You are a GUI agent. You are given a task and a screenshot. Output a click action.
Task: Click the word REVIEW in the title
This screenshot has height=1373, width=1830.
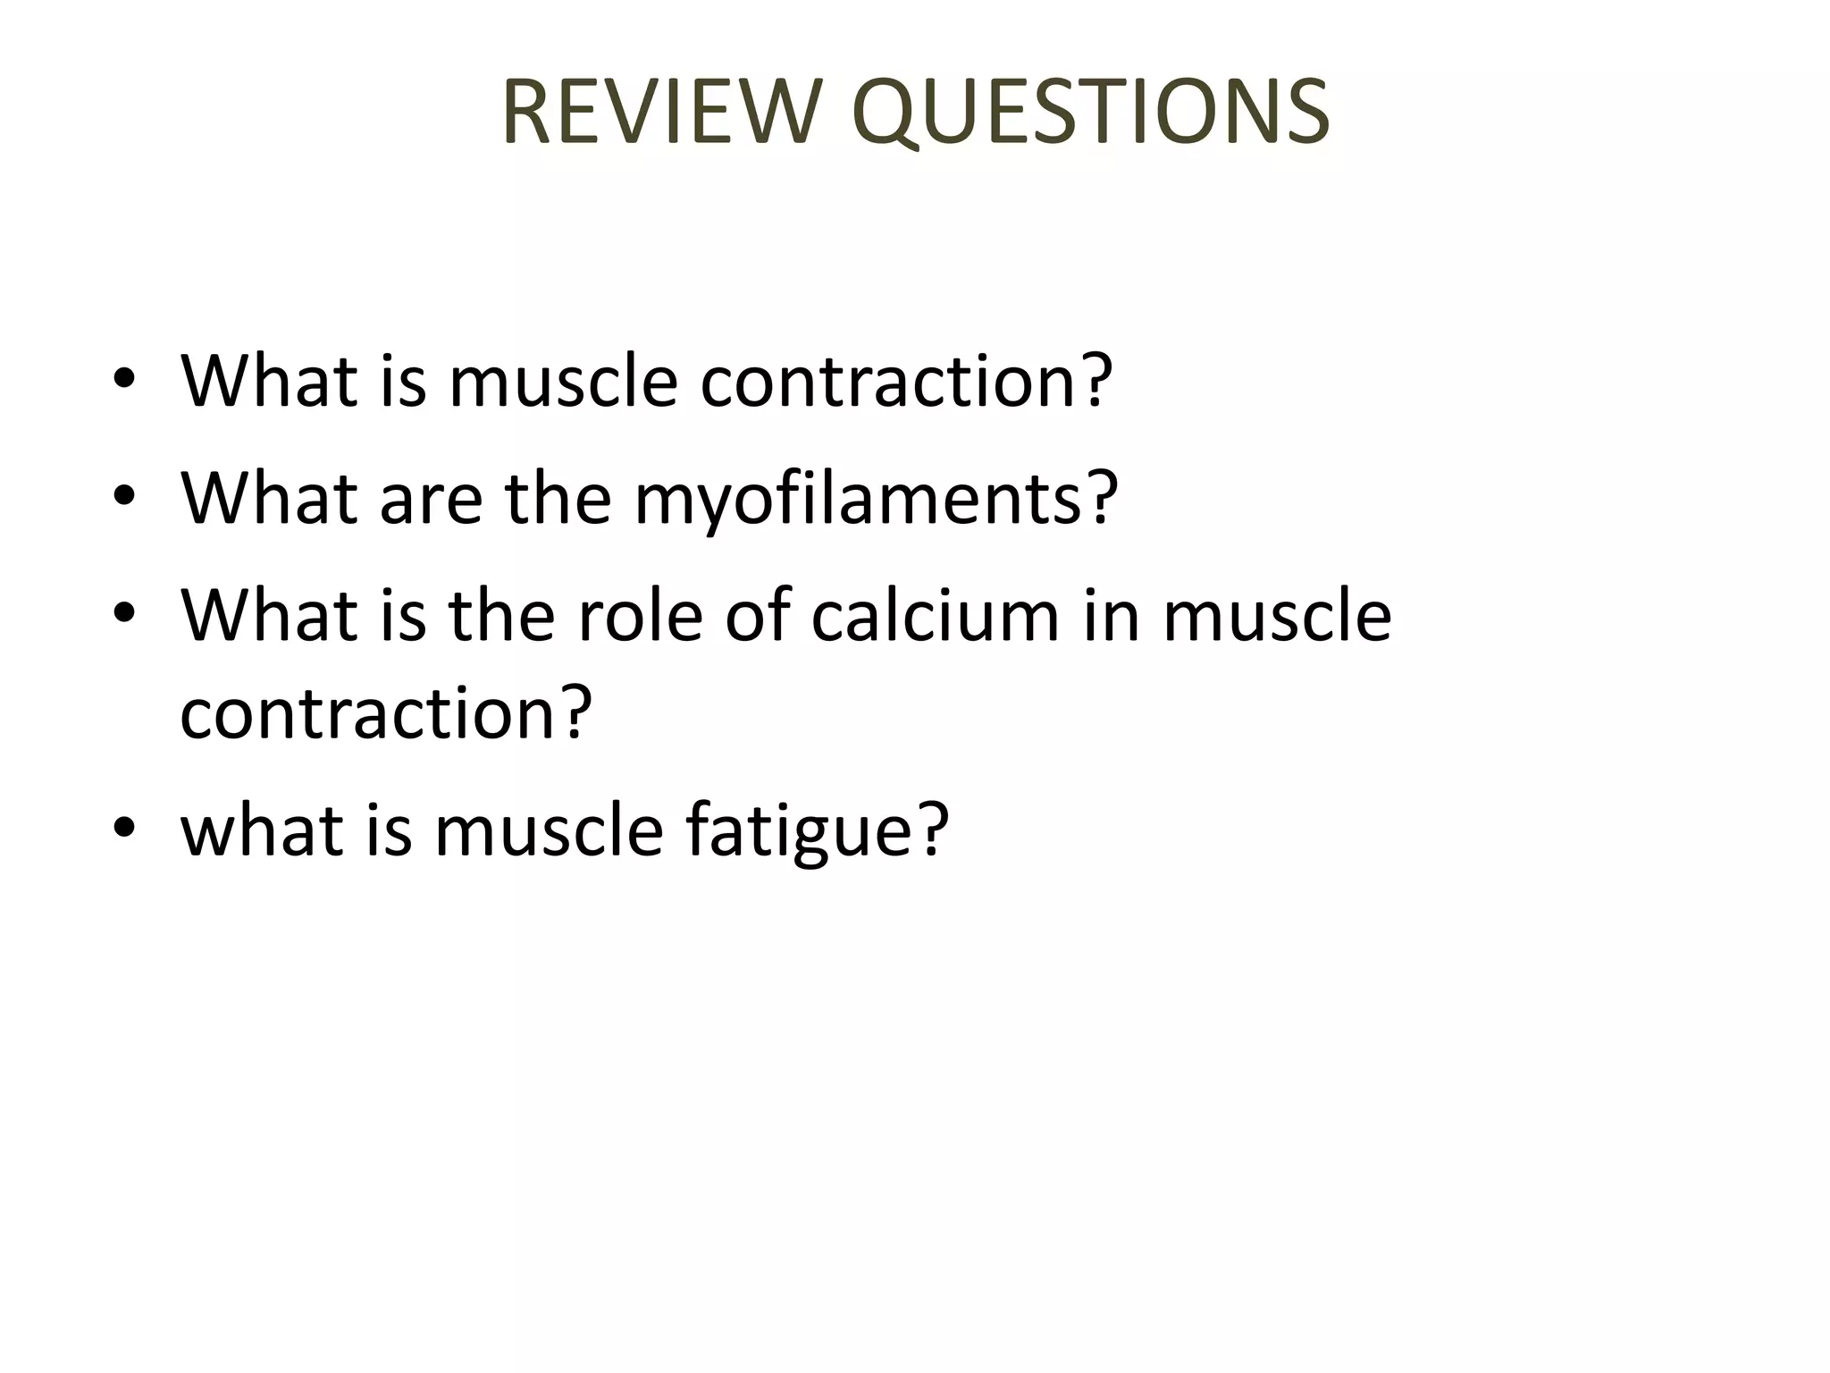tap(661, 113)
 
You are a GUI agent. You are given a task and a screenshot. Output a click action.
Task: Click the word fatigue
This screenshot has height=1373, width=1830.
tap(801, 831)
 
